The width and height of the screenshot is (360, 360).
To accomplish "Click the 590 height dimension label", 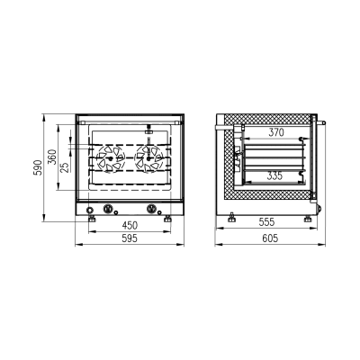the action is tap(38, 167).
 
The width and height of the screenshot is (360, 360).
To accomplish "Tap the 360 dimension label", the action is tap(52, 157).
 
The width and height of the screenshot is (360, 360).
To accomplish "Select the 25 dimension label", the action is tap(66, 167).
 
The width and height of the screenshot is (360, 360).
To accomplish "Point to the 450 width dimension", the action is tap(130, 225).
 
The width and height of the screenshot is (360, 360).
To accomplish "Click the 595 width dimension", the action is tap(130, 238).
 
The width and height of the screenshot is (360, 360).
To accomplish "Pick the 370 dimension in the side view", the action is tap(276, 132).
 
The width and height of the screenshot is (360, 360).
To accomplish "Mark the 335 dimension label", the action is tap(274, 175).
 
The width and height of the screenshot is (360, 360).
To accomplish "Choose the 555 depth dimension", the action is tap(266, 222).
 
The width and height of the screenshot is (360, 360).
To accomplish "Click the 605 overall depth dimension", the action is tap(270, 238).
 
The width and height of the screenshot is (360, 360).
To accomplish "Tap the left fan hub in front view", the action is tap(111, 158).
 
